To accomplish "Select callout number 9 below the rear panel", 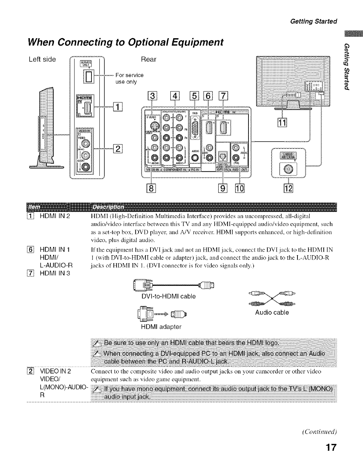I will tap(223, 188).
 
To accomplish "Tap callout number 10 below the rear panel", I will tap(240, 188).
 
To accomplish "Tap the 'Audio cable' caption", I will tap(272, 313).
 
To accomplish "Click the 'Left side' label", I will tap(42, 59).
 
